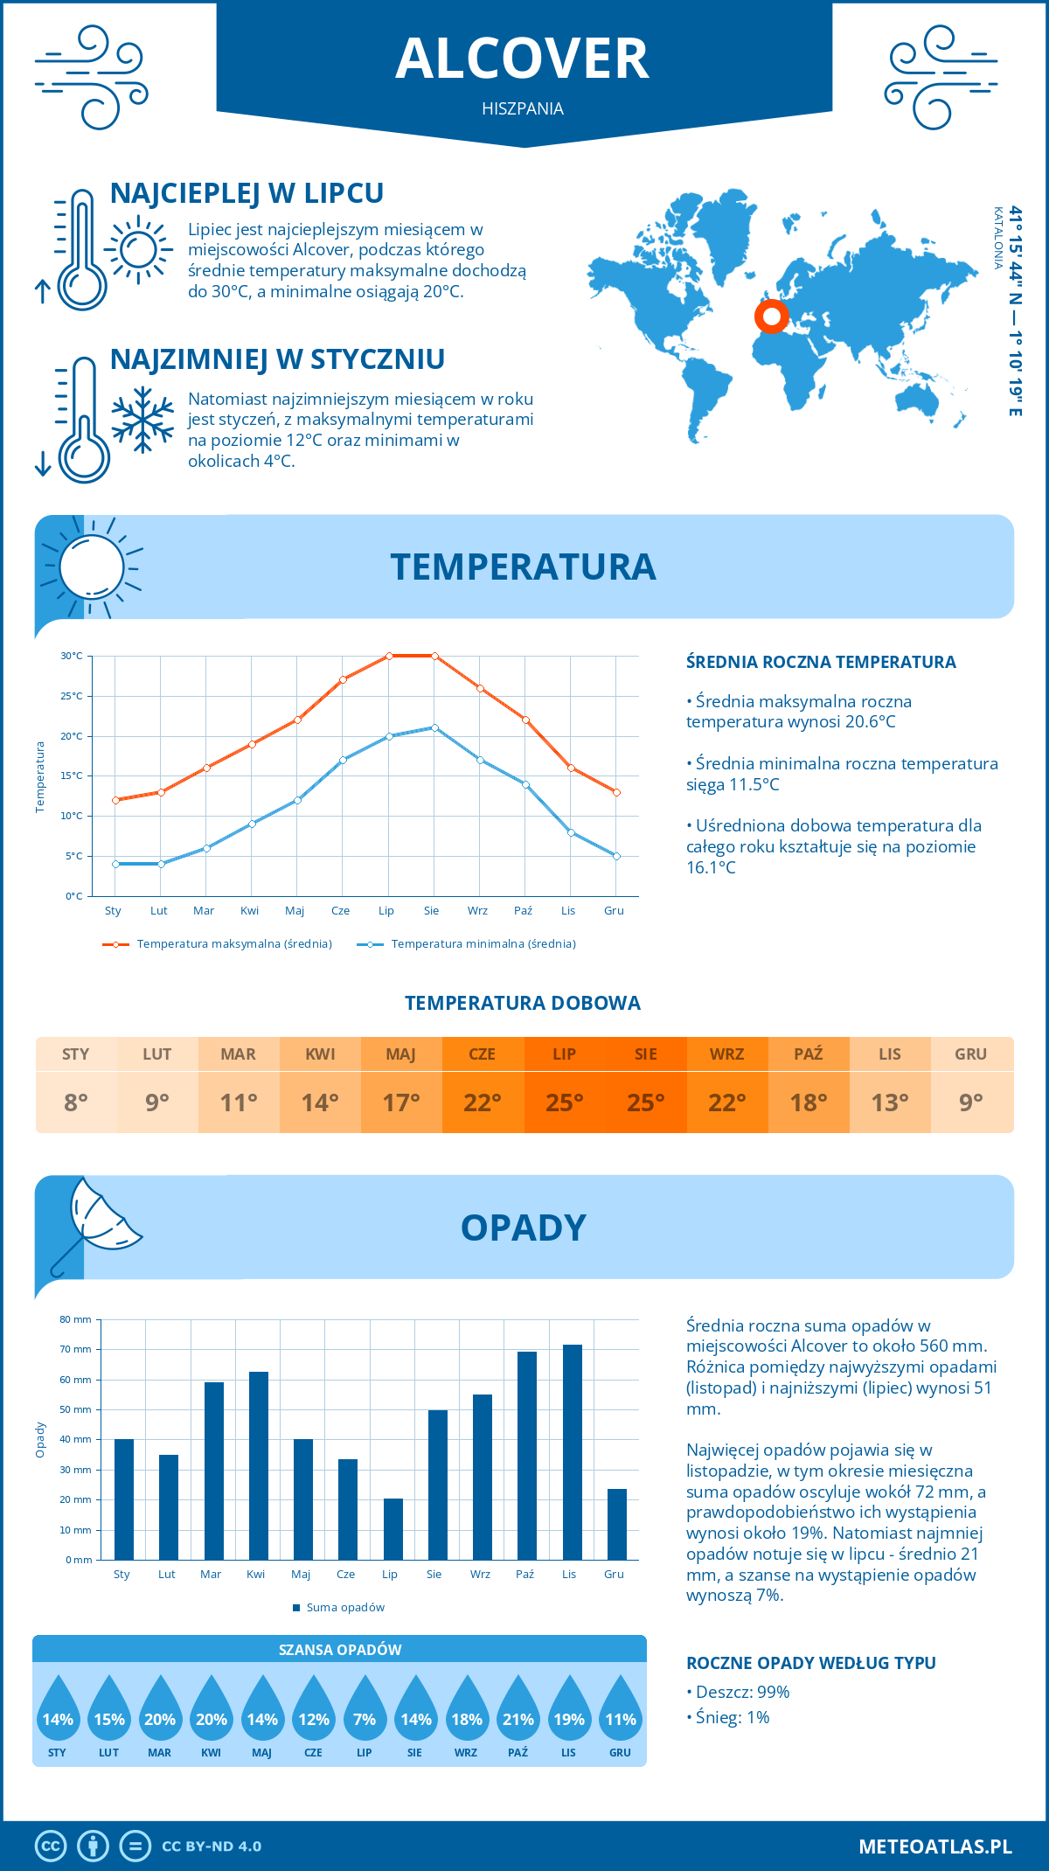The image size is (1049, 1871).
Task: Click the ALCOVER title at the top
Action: [x=523, y=59]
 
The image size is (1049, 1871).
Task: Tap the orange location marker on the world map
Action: [x=772, y=316]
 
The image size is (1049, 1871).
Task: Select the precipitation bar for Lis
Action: [x=573, y=1451]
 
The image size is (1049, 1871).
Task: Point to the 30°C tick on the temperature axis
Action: [x=72, y=656]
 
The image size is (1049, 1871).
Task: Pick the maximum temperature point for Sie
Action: [x=434, y=656]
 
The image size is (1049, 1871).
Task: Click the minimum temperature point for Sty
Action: [x=115, y=864]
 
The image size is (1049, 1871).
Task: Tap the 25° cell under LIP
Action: [x=564, y=1102]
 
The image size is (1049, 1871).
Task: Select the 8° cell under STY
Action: [x=76, y=1102]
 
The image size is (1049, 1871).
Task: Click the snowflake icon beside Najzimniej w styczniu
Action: [x=142, y=420]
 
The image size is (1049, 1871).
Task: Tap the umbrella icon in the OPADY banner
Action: [x=96, y=1224]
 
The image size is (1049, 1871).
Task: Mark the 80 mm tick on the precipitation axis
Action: [x=76, y=1319]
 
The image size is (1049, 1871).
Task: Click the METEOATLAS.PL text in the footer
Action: [x=935, y=1847]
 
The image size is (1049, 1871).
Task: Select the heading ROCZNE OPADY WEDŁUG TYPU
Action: [x=810, y=1663]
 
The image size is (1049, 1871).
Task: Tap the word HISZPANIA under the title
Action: [x=523, y=108]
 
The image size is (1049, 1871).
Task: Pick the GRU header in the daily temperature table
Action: [x=970, y=1054]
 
